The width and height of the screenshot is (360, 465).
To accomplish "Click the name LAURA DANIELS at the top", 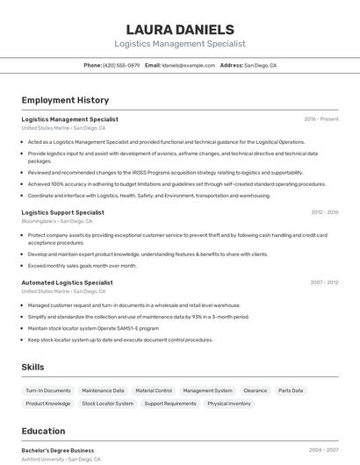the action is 180,30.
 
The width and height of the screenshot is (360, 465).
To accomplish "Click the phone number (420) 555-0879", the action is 121,66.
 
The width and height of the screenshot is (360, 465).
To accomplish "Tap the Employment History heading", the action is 65,100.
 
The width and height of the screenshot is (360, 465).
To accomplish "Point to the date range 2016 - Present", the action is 321,119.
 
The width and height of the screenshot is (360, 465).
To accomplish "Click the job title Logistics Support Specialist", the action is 62,212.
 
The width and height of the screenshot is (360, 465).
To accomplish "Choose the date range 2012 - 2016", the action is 325,212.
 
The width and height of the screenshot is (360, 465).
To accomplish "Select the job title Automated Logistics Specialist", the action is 67,283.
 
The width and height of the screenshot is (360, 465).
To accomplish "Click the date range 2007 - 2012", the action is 325,283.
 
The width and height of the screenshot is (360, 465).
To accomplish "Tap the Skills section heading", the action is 33,367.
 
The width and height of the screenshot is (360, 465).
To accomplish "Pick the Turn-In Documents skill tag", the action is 48,390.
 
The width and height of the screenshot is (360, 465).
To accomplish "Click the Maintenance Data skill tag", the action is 103,390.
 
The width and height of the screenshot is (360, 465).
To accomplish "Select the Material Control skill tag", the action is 154,390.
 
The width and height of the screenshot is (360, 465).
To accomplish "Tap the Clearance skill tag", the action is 256,390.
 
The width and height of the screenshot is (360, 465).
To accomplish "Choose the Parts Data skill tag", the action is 291,390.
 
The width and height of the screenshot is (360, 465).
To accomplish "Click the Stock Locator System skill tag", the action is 108,404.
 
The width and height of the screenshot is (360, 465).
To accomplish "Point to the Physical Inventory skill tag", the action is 229,404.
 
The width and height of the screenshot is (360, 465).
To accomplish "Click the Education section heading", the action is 43,431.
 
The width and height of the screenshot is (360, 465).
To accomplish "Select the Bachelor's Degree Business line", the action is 58,450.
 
